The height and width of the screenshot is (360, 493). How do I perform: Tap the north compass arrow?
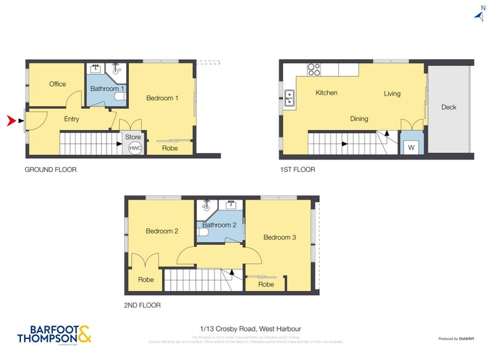pyautogui.click(x=480, y=15)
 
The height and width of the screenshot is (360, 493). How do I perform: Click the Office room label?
pyautogui.click(x=58, y=84)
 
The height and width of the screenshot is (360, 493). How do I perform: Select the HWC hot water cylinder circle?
pyautogui.click(x=134, y=148)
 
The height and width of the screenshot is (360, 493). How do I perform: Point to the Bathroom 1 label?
pyautogui.click(x=107, y=89)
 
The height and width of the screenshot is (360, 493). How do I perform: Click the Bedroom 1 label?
pyautogui.click(x=162, y=98)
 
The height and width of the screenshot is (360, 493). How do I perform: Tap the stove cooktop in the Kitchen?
pyautogui.click(x=314, y=70)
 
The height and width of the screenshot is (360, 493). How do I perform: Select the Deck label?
pyautogui.click(x=449, y=107)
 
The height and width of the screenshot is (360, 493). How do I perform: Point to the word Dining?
pyautogui.click(x=359, y=119)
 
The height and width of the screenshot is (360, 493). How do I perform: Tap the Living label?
pyautogui.click(x=392, y=94)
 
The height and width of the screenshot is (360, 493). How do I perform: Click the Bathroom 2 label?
pyautogui.click(x=219, y=225)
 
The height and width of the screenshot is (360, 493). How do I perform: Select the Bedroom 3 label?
pyautogui.click(x=279, y=237)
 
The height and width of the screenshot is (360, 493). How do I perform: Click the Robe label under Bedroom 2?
pyautogui.click(x=145, y=280)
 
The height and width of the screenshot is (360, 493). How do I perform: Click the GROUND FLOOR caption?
pyautogui.click(x=51, y=170)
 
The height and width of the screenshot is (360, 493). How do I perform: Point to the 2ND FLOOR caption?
pyautogui.click(x=142, y=305)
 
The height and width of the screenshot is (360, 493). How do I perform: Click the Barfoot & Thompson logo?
pyautogui.click(x=54, y=334)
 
